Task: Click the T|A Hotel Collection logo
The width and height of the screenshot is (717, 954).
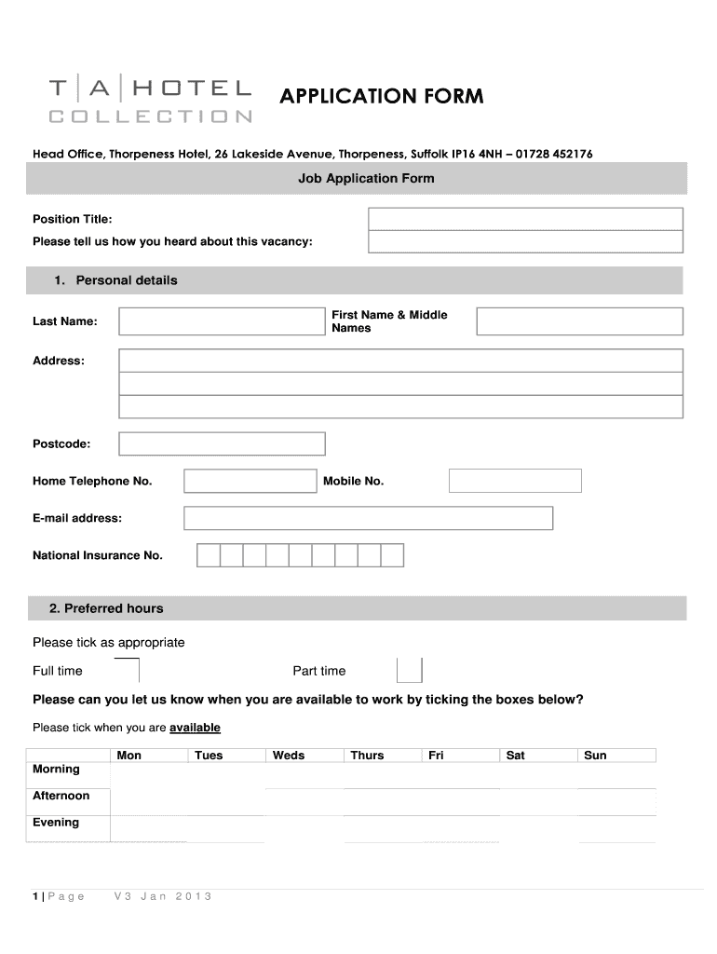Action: (x=150, y=101)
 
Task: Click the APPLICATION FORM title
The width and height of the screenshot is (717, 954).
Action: (x=383, y=96)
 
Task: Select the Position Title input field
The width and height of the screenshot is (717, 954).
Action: (x=525, y=219)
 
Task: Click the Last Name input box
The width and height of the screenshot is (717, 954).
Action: (x=221, y=321)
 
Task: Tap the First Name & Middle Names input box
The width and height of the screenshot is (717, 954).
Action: (x=579, y=321)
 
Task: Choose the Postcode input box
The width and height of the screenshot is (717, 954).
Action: (x=223, y=443)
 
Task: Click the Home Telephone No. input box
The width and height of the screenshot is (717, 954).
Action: (x=250, y=481)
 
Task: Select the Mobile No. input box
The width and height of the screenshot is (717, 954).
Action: (x=515, y=481)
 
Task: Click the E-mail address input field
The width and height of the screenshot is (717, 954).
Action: (x=368, y=518)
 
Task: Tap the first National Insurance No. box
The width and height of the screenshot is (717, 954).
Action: (x=208, y=555)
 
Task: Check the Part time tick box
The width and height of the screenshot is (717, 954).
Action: (x=409, y=671)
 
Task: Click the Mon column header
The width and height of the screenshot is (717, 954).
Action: (x=129, y=756)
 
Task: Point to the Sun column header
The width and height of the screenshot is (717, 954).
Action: (x=595, y=756)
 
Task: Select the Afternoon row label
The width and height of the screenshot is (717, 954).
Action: (x=61, y=796)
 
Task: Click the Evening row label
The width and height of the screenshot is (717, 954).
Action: (x=56, y=823)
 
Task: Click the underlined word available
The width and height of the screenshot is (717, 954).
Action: (x=195, y=728)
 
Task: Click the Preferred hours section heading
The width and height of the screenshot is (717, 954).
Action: (x=106, y=608)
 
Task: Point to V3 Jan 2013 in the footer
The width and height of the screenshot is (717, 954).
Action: (x=163, y=896)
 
